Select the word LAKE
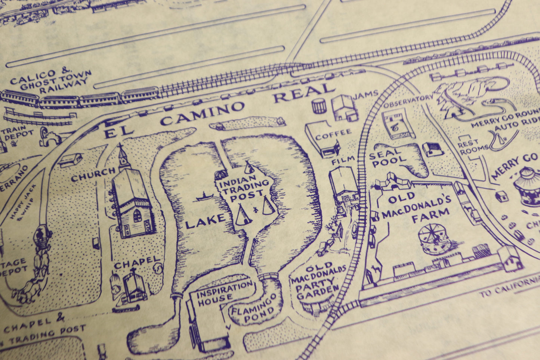(x=205, y=221)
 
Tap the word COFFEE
(x=333, y=134)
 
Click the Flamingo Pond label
(x=254, y=309)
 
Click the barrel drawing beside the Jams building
(x=319, y=106)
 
